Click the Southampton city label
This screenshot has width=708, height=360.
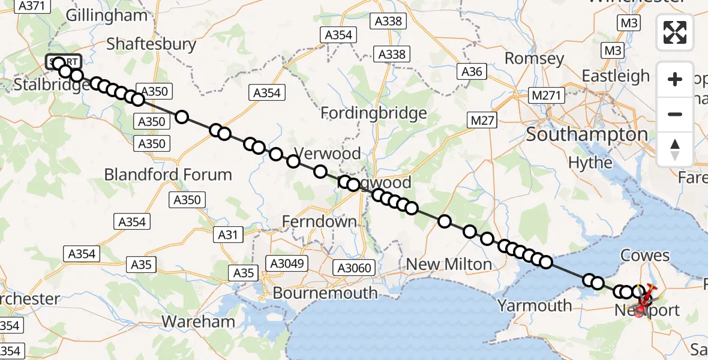(x=586, y=134)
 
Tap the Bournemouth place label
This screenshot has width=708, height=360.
(x=325, y=293)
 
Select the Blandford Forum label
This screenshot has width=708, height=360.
(x=168, y=175)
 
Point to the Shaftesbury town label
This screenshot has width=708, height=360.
(x=151, y=44)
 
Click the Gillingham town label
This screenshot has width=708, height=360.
(x=106, y=16)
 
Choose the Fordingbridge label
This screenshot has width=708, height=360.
(x=373, y=113)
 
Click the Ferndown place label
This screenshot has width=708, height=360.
(x=320, y=221)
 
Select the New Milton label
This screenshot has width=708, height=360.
(x=449, y=264)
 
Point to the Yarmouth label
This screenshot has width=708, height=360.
(x=535, y=305)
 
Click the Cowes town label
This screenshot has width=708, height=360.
(x=646, y=255)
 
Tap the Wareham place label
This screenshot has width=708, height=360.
(x=198, y=321)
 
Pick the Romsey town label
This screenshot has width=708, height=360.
(x=534, y=58)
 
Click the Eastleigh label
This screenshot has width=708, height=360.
(x=616, y=76)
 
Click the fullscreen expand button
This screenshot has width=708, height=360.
(x=675, y=32)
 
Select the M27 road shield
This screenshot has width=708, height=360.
(x=483, y=121)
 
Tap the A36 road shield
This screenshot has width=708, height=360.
(x=471, y=72)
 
